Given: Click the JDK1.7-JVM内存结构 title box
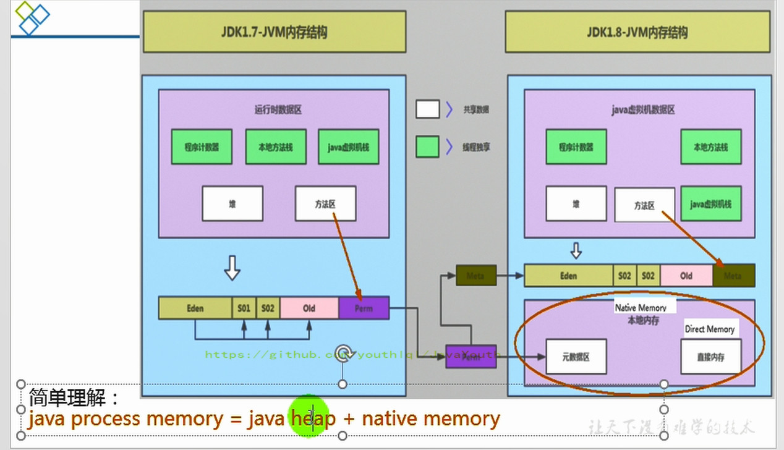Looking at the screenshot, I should pos(275,32).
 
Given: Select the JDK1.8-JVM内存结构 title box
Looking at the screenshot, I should pos(637,32).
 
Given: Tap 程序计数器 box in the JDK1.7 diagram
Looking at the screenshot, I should pos(202,147).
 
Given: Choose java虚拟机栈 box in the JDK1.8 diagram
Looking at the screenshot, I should pos(710,203).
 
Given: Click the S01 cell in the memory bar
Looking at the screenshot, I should pos(244,308).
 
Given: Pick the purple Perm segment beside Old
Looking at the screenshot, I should pos(364,308).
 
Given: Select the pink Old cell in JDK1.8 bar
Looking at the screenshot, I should pos(686,276).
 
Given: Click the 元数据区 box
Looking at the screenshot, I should pos(576,357).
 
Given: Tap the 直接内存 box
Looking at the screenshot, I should pos(710,357).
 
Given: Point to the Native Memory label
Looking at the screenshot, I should pos(641,307).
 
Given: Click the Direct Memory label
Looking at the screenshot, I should pos(709,329).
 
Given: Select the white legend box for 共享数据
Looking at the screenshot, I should pos(427,109).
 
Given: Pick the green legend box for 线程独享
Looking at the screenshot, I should pos(427,147).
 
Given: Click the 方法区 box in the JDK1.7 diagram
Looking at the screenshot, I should pos(325,203).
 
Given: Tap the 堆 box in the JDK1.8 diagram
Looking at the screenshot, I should pos(576,203).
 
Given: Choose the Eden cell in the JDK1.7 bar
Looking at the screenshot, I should pos(195,308).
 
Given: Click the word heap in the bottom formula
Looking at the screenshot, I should pos(313,419).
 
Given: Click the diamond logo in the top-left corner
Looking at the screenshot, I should pos(31,17).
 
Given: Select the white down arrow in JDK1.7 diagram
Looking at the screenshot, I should pos(232,269).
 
